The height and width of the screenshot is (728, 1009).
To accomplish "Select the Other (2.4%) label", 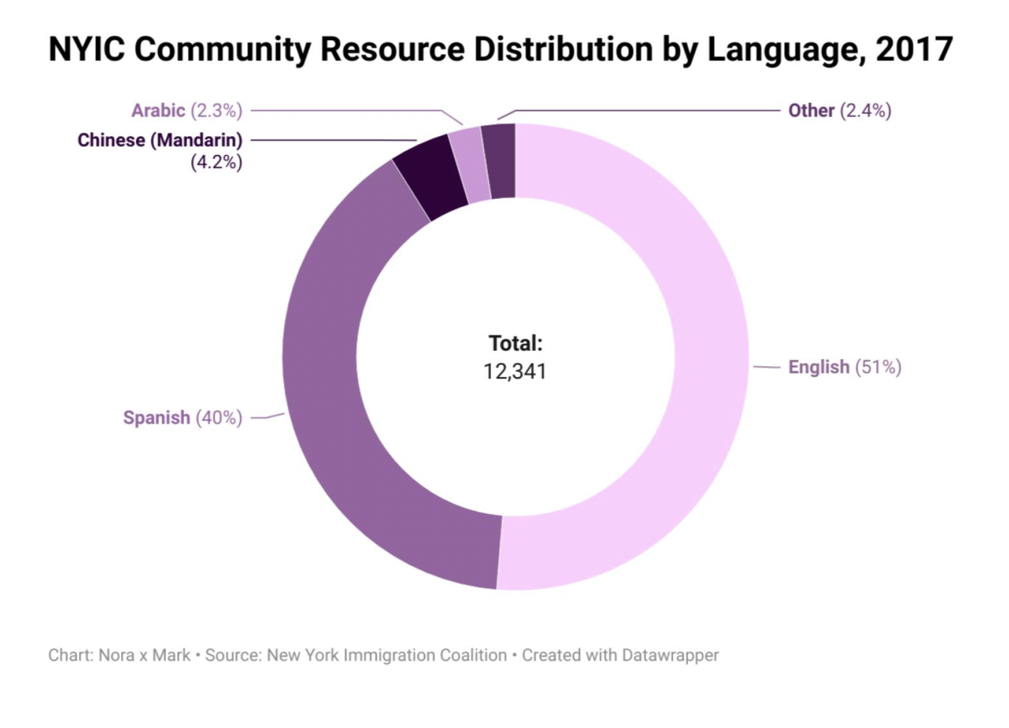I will pos(839,111).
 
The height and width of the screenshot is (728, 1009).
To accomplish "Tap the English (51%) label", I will pos(844,367).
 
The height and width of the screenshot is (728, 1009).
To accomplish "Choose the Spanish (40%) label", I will pos(183,418).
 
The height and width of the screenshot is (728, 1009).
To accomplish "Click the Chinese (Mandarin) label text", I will pos(160,140).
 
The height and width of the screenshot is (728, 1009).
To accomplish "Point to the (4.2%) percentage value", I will pos(216,162).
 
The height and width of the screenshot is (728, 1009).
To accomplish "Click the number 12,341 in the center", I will pos(515,371).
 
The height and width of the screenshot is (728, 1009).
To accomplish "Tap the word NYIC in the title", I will pos(87,49).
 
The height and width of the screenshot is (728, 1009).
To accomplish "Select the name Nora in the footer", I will pos(116,655).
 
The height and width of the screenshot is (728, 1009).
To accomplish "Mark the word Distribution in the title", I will pos(563,49).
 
